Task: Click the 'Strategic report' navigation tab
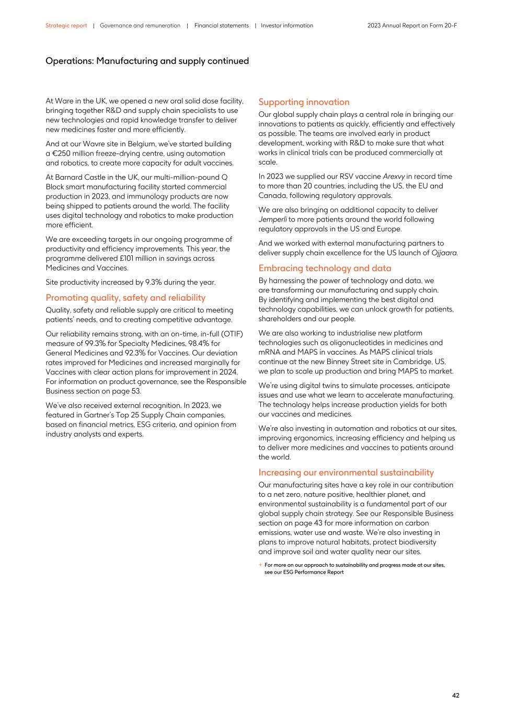66,26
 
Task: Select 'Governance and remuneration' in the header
140,26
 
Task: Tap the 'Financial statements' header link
221,26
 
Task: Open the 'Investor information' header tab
287,26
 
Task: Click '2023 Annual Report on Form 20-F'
412,26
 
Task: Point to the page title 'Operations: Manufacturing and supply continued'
147,61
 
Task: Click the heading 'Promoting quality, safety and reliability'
125,298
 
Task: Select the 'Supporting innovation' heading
304,102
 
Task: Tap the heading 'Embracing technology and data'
325,268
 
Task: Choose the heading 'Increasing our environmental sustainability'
346,472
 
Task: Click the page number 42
455,695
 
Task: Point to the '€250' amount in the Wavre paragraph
61,154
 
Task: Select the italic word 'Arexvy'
394,177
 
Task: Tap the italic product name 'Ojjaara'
444,253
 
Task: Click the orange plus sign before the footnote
260,565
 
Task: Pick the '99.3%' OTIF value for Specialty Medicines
95,344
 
